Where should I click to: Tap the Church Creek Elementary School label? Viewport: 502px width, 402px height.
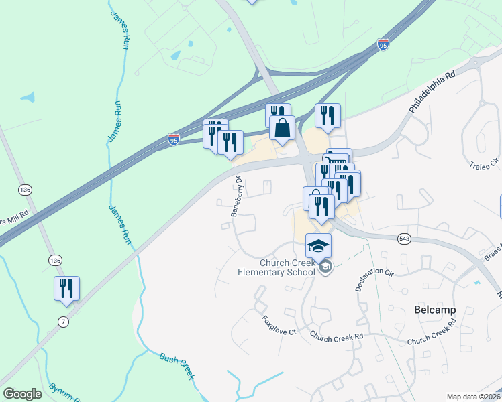(x=277, y=267)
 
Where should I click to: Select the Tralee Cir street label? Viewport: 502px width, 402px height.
(x=485, y=164)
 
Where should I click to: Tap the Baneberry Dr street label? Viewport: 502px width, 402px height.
(x=236, y=197)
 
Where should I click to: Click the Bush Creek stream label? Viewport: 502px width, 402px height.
(x=177, y=365)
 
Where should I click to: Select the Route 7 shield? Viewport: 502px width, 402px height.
(x=63, y=322)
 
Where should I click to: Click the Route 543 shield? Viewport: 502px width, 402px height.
(x=403, y=239)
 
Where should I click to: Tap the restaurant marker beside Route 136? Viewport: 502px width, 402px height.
(x=66, y=288)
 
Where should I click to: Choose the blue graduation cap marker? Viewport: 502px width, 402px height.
(x=319, y=245)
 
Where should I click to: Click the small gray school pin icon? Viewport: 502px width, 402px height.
(x=325, y=267)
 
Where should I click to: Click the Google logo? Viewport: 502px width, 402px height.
(x=22, y=394)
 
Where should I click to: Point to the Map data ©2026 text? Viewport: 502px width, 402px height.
(x=474, y=397)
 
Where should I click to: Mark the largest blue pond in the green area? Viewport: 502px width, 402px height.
(x=28, y=97)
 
